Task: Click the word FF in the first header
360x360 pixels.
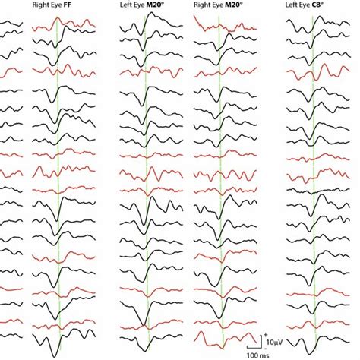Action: click(x=84, y=14)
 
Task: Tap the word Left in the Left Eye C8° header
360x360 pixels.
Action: click(x=296, y=14)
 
